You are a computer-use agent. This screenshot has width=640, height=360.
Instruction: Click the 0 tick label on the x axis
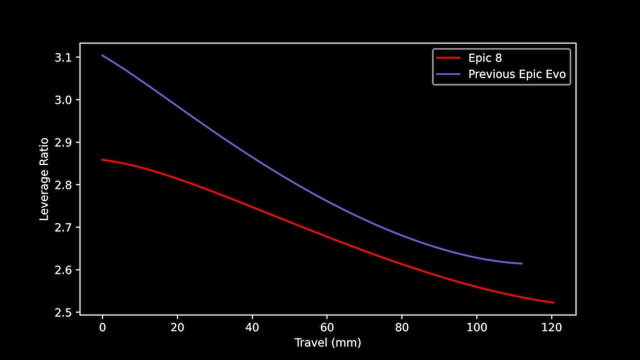click(102, 327)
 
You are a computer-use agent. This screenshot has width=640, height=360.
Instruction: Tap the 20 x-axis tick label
click(177, 327)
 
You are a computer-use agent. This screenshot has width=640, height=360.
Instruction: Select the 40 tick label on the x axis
click(252, 327)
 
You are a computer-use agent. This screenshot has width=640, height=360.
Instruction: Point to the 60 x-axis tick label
click(327, 327)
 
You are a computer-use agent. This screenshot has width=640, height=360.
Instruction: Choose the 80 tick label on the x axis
click(402, 327)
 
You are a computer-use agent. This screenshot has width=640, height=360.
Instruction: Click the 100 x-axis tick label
click(477, 327)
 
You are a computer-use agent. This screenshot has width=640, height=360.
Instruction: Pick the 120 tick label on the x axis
click(552, 327)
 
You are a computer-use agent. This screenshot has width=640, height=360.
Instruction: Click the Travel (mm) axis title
click(327, 342)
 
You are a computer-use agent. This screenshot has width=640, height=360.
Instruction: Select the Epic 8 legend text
click(485, 58)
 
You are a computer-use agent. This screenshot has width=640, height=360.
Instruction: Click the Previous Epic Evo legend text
click(517, 74)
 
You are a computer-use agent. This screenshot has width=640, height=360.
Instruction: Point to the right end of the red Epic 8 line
click(554, 302)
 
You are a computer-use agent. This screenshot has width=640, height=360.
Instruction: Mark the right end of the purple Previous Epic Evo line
click(521, 264)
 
